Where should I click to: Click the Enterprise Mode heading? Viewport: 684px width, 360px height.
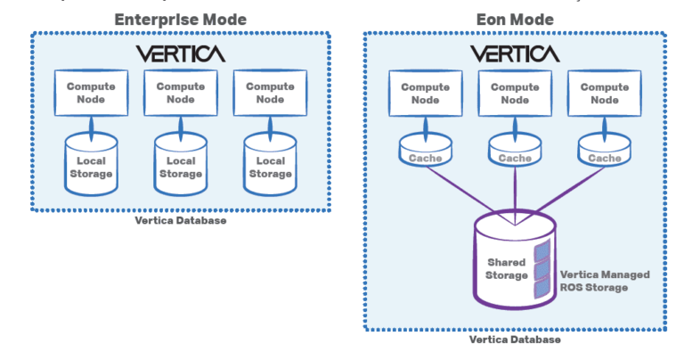(181, 19)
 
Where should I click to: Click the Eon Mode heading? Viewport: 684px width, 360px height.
(515, 19)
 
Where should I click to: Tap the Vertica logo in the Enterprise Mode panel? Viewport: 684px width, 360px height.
(181, 53)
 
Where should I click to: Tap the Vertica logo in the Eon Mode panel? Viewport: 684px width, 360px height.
(515, 53)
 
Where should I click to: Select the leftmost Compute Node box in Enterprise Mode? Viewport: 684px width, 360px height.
(93, 93)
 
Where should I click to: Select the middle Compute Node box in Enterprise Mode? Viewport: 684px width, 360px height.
(181, 93)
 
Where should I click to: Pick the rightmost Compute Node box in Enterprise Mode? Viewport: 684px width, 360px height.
(269, 93)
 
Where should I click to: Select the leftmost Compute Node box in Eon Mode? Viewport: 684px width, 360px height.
(425, 94)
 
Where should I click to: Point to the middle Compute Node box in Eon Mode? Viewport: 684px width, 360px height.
(515, 94)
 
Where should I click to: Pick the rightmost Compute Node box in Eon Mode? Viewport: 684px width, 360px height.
(605, 94)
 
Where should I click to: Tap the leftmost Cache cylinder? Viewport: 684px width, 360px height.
(425, 154)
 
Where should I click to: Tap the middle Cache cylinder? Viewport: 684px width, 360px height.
(515, 154)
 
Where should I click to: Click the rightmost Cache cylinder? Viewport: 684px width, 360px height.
(605, 154)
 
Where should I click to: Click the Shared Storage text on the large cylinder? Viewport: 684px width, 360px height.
(507, 268)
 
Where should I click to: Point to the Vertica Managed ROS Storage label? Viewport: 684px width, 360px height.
(606, 281)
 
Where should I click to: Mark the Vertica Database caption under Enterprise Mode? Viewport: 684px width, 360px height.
(181, 220)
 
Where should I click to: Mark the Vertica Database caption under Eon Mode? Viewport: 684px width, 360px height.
(515, 340)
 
